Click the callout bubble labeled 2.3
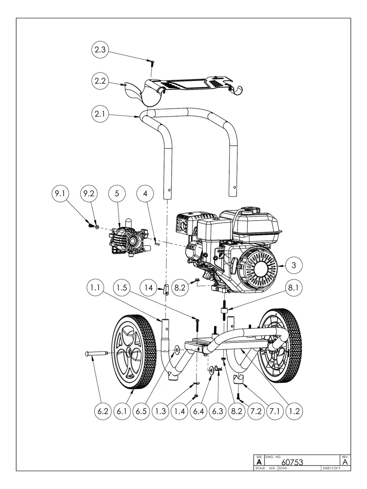(x=100, y=49)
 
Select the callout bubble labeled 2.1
(x=100, y=114)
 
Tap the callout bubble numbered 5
(x=117, y=193)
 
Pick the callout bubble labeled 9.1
(x=60, y=193)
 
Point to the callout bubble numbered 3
(x=294, y=265)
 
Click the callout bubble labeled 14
(x=148, y=287)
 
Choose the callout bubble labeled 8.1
(x=294, y=287)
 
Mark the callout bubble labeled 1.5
(x=122, y=287)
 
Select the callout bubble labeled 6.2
(x=103, y=411)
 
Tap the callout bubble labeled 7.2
(x=256, y=411)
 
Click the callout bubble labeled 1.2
(x=294, y=411)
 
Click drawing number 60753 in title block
(x=292, y=462)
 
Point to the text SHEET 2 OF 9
(x=331, y=468)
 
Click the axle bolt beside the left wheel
(x=96, y=353)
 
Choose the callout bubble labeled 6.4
(x=198, y=411)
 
